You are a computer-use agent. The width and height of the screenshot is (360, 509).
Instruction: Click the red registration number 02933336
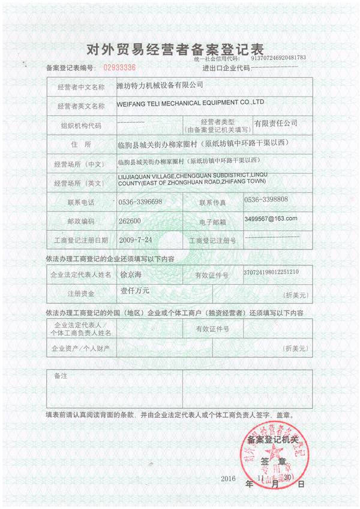coord(120,67)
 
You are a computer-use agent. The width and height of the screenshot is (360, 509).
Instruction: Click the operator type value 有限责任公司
coord(275,123)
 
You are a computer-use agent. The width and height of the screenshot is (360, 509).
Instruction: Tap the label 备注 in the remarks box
coord(60,375)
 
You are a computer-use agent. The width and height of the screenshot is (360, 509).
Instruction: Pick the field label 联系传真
coord(212,202)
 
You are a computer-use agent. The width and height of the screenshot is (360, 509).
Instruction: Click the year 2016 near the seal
coord(230,478)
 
